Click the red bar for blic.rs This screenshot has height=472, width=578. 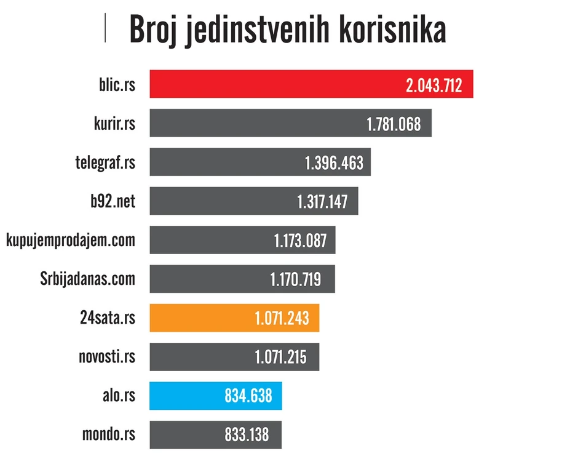tap(277, 84)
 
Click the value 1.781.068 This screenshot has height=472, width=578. tap(394, 124)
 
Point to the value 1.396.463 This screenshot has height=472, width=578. tap(334, 163)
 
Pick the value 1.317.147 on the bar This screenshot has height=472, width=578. tap(322, 202)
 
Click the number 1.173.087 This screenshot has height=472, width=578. tap(300, 241)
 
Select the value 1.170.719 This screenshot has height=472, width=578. tap(295, 279)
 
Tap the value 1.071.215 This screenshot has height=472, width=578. tap(280, 357)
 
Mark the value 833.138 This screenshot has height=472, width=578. tap(247, 434)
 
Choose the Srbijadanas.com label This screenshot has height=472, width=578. tap(87, 279)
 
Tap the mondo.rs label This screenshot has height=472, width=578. tap(109, 434)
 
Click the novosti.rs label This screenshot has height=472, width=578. tap(107, 356)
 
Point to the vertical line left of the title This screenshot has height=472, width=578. tap(105, 28)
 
